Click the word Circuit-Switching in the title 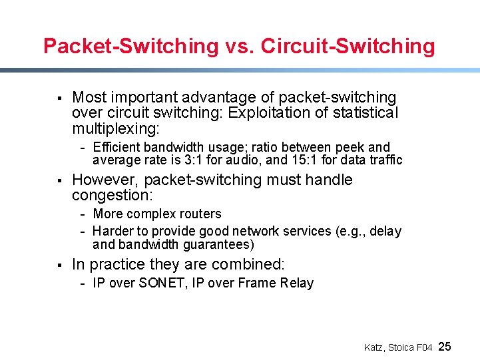pyautogui.click(x=348, y=46)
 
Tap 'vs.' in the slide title pyautogui.click(x=239, y=46)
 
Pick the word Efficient pyautogui.click(x=117, y=147)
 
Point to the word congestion pyautogui.click(x=111, y=195)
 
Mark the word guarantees pyautogui.click(x=218, y=244)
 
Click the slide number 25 pyautogui.click(x=445, y=346)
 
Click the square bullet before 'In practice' pyautogui.click(x=59, y=265)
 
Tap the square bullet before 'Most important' pyautogui.click(x=59, y=98)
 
